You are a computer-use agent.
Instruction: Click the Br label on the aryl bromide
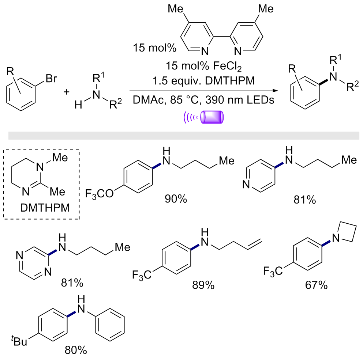51,79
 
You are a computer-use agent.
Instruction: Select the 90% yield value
176,199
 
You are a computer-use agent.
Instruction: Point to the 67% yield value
316,285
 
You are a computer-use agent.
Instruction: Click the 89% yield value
203,285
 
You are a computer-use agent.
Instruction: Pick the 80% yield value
76,350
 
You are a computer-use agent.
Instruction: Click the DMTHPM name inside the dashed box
45,208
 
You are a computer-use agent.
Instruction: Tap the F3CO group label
100,194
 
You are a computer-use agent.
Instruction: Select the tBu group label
19,341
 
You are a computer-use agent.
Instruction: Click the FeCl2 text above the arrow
227,67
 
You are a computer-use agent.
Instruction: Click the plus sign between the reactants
67,92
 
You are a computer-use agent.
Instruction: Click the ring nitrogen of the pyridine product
246,185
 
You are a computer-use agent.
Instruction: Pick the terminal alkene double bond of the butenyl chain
255,245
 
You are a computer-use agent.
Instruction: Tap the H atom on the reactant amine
78,105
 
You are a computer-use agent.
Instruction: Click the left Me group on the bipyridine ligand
176,9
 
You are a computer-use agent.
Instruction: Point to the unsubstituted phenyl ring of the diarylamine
110,325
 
